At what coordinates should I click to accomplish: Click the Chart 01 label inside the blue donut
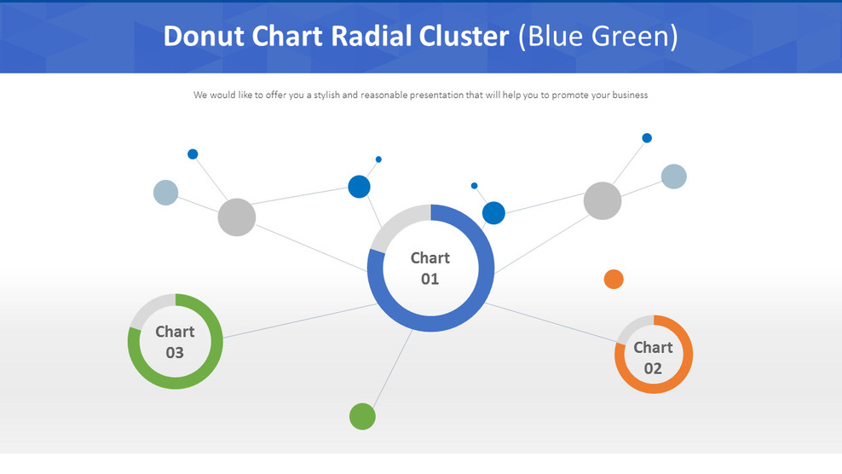click(430, 269)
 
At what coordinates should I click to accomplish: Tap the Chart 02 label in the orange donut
click(653, 358)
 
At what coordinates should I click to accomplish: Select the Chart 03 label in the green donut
click(175, 342)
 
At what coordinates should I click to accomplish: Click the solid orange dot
click(614, 280)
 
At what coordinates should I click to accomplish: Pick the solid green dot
click(362, 417)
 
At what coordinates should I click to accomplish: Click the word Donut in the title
click(204, 36)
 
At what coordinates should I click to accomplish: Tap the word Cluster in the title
click(464, 36)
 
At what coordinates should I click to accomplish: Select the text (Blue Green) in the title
click(597, 37)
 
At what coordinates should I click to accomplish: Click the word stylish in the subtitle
click(327, 95)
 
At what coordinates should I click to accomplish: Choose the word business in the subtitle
click(630, 95)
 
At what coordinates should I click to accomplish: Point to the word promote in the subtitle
click(570, 95)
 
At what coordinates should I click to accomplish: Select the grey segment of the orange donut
click(631, 325)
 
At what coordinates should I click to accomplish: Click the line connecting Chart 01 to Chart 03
click(300, 321)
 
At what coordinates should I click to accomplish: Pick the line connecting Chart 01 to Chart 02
click(551, 322)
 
